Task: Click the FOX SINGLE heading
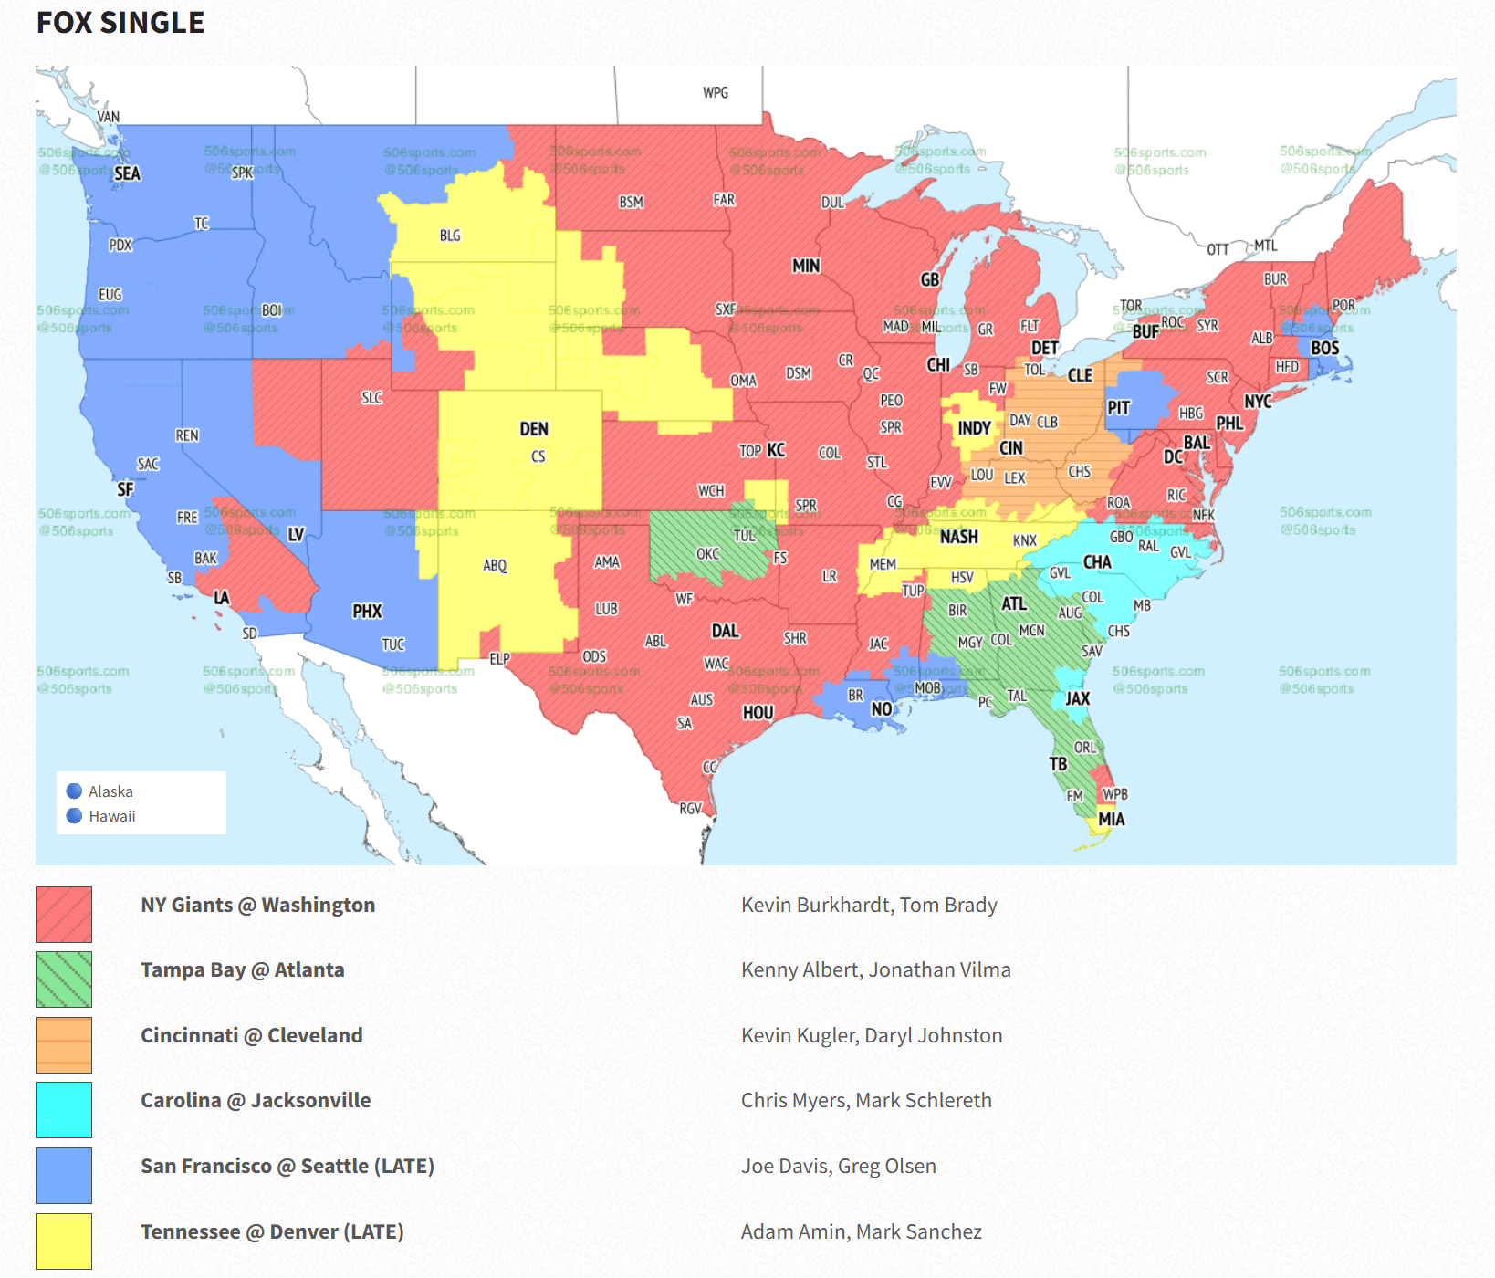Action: (120, 22)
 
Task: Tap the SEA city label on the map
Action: (127, 173)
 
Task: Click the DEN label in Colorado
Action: (534, 429)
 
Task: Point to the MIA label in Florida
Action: (1111, 819)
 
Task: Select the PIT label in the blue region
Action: (1118, 408)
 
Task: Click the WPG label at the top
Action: (716, 92)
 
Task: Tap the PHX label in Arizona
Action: (367, 611)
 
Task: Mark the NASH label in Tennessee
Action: (958, 537)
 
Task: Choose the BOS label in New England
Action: (1324, 348)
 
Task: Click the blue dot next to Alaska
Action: (75, 791)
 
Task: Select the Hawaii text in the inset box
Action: (112, 816)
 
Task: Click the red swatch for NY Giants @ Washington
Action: (64, 914)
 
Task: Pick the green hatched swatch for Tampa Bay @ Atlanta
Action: (64, 979)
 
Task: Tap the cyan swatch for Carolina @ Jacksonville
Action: (64, 1109)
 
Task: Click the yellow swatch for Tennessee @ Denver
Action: (64, 1241)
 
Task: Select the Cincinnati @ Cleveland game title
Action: (252, 1035)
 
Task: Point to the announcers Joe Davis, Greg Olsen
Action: (838, 1166)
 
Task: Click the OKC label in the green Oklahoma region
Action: (707, 554)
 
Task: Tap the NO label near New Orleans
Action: (881, 709)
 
